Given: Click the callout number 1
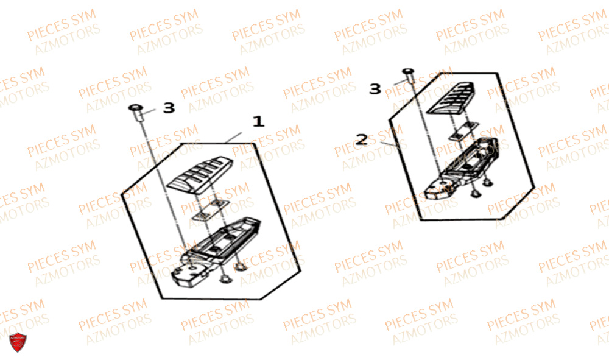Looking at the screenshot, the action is pos(259,122).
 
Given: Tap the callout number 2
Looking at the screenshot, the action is pos(362,139).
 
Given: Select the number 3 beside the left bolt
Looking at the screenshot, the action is pos(169,108).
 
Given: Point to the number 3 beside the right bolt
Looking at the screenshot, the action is pos(375,89).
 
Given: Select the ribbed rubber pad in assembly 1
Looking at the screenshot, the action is pos(200,175).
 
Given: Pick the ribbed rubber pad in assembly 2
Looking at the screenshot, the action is pos(451,98).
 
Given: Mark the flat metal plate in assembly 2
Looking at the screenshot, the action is pos(463,130).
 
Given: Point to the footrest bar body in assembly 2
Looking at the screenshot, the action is pos(470,159).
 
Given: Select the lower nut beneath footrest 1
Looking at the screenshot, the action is pos(224,279).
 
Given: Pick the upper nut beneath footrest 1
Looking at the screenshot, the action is pos(240,266).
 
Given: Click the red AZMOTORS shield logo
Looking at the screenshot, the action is pos(18,342).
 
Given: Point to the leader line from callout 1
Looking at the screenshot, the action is pos(233,138).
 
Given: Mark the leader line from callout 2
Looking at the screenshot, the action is pos(389,144).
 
